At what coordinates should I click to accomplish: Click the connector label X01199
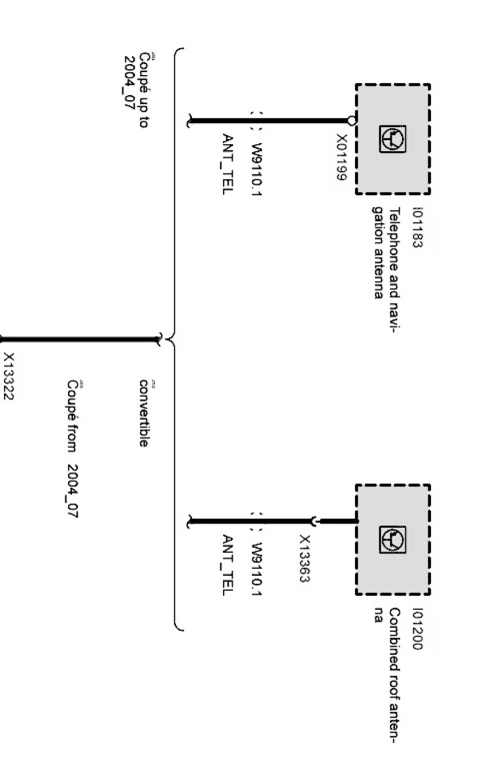coord(341,157)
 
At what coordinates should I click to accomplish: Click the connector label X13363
coord(305,559)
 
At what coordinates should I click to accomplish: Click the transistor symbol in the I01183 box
coord(393,140)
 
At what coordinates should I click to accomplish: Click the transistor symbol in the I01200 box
coord(393,540)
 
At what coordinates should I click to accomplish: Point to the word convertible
coord(144,413)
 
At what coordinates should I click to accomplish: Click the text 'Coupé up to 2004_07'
coord(137,90)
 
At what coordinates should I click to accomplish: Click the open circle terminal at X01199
coord(352,121)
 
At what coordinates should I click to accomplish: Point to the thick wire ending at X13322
coord(80,340)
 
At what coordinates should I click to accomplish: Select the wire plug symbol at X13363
coord(313,521)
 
